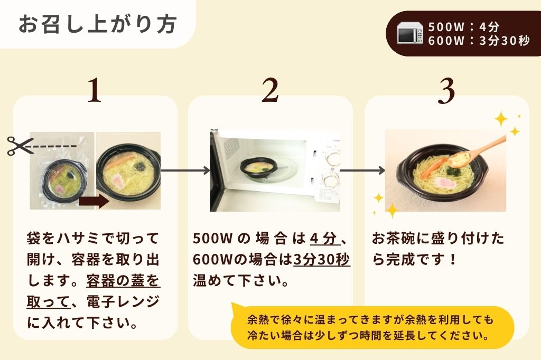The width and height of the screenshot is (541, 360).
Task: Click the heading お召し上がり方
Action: pos(98,24)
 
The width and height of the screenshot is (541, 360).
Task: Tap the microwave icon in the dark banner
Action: pos(410,33)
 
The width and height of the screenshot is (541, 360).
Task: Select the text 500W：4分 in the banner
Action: pos(464,27)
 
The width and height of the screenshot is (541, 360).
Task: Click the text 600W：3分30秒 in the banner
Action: pos(479,41)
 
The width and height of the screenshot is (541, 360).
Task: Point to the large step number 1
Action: pos(95,90)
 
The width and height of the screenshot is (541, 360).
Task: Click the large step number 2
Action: pos(270,90)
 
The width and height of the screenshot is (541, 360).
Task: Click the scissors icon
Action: pos(20,146)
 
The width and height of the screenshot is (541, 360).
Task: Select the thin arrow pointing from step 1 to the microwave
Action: pos(185,170)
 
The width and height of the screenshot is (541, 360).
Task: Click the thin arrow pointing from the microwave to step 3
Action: pos(362,170)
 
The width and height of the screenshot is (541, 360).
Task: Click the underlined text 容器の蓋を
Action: pos(123,281)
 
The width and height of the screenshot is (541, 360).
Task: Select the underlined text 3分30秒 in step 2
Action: pos(322,259)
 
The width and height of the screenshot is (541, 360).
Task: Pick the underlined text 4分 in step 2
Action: pos(324,238)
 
